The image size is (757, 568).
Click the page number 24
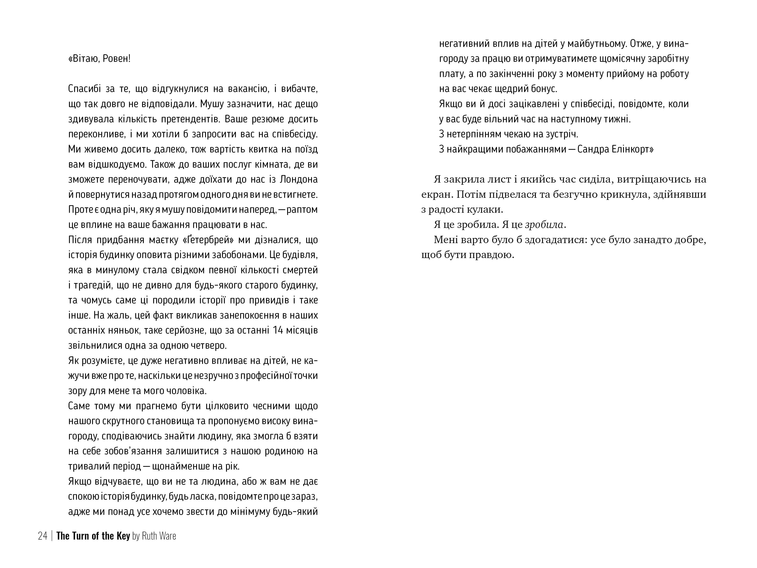point(43,536)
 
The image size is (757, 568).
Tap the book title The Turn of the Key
point(93,536)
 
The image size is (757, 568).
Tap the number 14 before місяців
point(278,330)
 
